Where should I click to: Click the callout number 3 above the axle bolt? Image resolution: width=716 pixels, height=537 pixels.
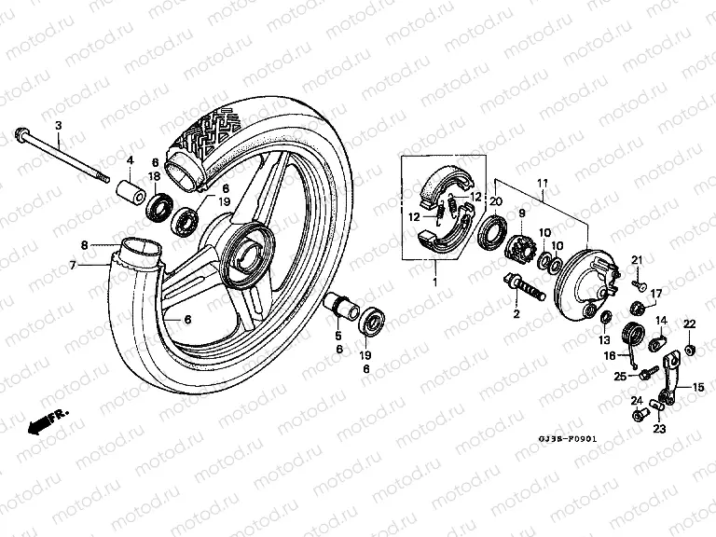coord(58,125)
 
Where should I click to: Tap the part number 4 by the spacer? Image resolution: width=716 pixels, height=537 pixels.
coord(131,159)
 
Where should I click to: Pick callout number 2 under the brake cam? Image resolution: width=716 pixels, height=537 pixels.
coord(515,314)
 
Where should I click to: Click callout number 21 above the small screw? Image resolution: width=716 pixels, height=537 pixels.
coord(639,258)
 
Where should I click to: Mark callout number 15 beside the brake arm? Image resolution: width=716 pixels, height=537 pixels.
coord(696,387)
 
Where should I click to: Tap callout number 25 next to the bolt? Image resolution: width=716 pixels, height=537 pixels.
coord(620,376)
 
